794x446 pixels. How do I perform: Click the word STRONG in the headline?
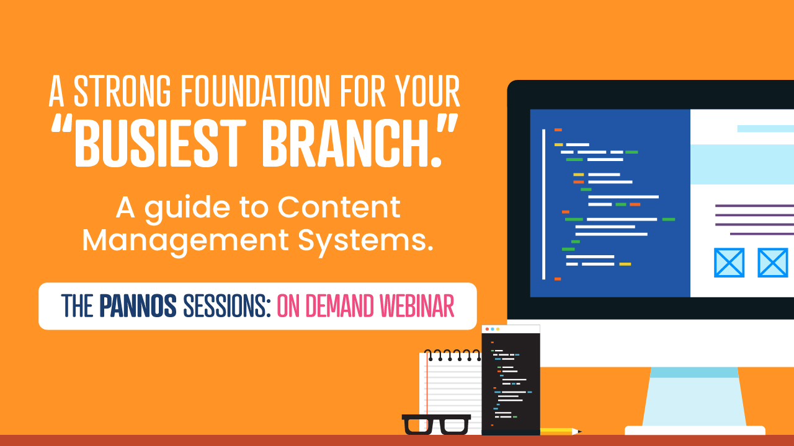point(122,91)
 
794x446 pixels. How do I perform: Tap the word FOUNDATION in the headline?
point(255,91)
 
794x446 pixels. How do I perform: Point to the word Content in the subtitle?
point(339,207)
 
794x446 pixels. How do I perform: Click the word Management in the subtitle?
point(185,242)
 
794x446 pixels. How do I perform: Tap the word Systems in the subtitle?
point(365,242)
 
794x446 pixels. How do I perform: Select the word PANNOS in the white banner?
point(138,305)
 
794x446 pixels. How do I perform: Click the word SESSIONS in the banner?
point(227,305)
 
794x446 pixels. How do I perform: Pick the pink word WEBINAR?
point(417,305)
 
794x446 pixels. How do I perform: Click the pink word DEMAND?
point(339,305)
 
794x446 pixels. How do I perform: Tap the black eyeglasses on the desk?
point(436,424)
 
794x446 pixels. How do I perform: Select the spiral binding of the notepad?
point(452,355)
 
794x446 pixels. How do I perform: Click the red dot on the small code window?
point(488,329)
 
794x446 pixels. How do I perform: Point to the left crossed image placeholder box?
point(729,263)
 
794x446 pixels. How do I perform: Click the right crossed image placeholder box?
point(773,263)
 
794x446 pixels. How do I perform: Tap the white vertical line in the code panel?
point(544,204)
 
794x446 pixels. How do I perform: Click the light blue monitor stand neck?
point(694,396)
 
